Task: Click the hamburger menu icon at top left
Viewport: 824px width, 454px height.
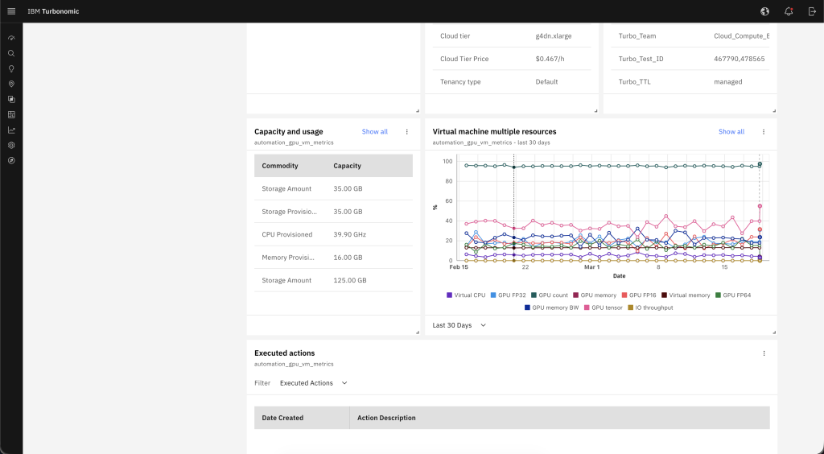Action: (x=11, y=11)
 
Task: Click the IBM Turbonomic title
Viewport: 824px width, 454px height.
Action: (x=53, y=11)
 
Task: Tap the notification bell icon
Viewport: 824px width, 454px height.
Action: (x=789, y=11)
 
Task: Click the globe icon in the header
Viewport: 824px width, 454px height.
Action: (x=764, y=11)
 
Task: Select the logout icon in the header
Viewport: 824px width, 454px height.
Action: (x=812, y=11)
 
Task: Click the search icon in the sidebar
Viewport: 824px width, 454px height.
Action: (x=11, y=53)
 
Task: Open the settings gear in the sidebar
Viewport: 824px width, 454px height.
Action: (x=11, y=145)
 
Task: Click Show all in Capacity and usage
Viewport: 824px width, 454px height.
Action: (x=374, y=131)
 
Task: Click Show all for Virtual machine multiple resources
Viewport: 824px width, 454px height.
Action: (x=731, y=131)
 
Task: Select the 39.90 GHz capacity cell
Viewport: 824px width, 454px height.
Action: (x=349, y=234)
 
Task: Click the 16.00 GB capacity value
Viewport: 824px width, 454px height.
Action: (x=348, y=258)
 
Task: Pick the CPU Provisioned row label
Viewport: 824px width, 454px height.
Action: (x=286, y=234)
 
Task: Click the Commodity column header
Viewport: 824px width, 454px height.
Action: (x=280, y=166)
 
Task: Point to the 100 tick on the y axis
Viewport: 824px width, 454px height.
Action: (x=448, y=161)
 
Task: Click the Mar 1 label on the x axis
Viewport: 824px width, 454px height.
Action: (x=591, y=267)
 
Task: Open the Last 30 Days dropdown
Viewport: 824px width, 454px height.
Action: (x=459, y=325)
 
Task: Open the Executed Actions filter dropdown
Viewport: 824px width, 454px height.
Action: (x=313, y=383)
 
